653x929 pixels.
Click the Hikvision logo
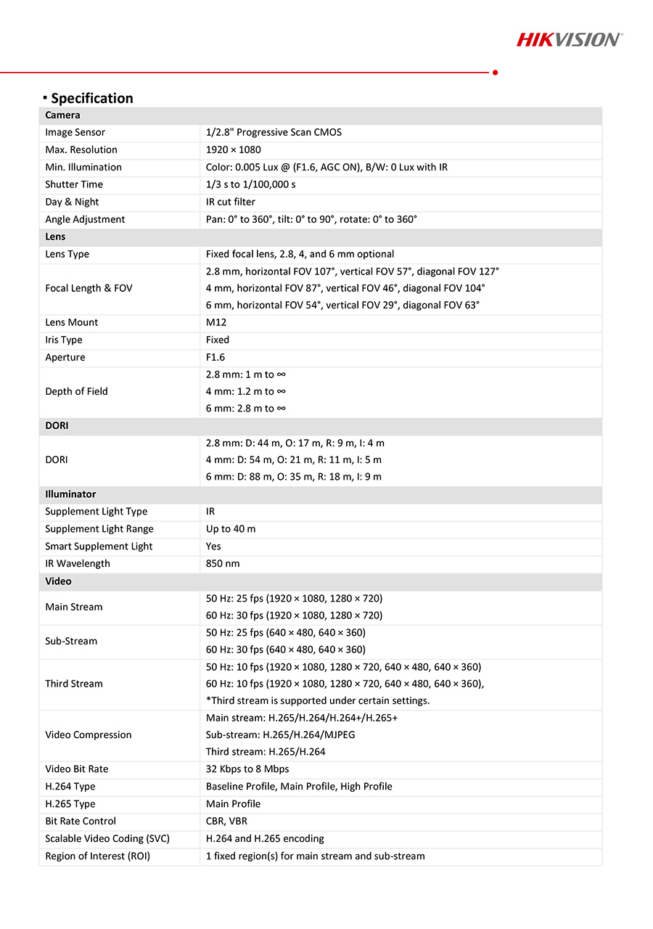570,39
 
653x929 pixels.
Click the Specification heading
91,98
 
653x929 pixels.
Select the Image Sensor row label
75,132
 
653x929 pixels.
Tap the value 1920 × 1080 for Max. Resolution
234,150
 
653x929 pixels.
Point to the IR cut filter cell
231,202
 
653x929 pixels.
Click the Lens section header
55,237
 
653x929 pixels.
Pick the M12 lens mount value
216,322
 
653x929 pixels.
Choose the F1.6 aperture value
215,357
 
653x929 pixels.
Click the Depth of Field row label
76,391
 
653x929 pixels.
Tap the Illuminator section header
70,494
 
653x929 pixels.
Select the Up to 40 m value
231,529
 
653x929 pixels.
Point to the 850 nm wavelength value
223,564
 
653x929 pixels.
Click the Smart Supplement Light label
99,547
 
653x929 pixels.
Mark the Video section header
58,581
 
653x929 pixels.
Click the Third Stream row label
74,684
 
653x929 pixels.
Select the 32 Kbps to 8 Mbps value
247,769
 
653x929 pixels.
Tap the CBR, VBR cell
226,822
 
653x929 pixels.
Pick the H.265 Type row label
70,804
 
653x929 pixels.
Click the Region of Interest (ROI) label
97,856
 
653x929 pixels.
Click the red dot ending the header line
495,73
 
